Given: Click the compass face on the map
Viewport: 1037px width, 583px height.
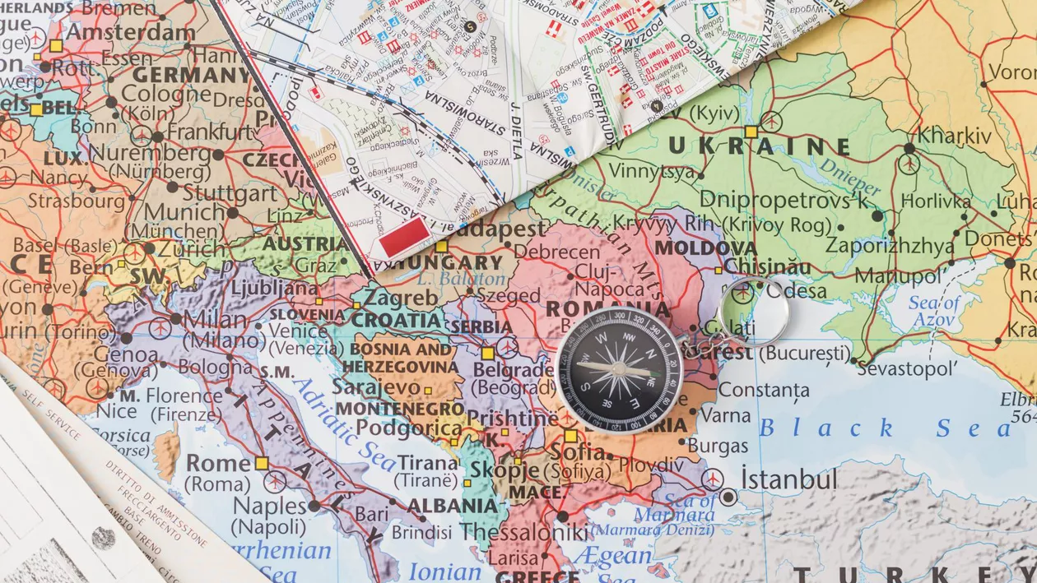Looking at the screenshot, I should [x=619, y=368].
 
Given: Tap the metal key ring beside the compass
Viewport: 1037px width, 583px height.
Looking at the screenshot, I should [x=753, y=312].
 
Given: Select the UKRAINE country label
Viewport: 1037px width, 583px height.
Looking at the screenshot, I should [x=759, y=146].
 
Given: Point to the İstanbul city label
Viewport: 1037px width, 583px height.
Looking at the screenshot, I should [x=788, y=479].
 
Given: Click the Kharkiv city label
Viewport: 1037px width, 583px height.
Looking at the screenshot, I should [x=955, y=134].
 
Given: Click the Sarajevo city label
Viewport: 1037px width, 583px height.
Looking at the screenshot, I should [x=376, y=386].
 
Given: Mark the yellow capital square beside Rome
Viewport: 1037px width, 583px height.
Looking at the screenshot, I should [x=262, y=463].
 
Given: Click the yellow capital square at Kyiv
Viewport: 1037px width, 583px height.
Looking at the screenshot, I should [x=751, y=131].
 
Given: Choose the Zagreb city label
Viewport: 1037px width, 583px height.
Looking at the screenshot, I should [x=402, y=296].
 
